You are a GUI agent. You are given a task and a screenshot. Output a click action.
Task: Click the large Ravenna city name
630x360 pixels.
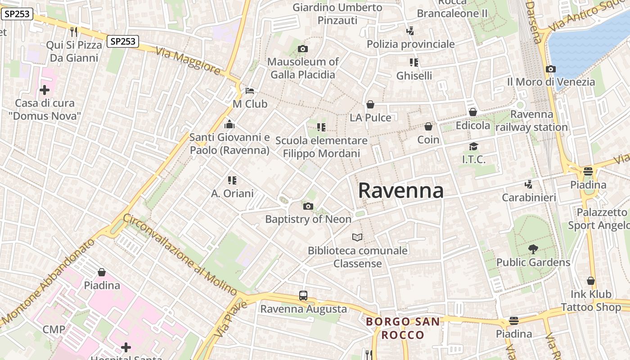400,191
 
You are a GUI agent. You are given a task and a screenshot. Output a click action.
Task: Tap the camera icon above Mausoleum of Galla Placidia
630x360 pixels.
303,49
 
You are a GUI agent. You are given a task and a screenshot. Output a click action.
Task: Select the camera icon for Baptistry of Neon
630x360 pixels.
308,207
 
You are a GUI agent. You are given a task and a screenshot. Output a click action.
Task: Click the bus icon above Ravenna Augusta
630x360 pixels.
303,296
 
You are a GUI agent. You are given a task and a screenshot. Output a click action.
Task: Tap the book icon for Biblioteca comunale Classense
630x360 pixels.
357,237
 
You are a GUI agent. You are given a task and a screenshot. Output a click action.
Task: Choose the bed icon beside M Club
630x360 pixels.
250,91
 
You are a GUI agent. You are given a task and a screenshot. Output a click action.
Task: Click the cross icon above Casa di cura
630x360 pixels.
45,90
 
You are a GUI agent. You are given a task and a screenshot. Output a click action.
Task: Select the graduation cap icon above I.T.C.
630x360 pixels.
473,146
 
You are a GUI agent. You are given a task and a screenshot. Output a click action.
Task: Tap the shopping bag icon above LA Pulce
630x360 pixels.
370,104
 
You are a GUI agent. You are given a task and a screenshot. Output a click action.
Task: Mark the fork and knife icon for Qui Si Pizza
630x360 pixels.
74,31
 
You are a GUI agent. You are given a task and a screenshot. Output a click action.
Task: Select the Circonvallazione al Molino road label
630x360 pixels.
180,254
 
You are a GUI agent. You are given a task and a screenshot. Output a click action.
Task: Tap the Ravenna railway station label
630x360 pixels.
531,121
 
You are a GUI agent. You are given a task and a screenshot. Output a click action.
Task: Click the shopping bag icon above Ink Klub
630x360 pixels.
591,281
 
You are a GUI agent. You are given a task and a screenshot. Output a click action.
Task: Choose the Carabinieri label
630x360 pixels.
529,198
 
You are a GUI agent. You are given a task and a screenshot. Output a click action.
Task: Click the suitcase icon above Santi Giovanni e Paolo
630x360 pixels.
229,124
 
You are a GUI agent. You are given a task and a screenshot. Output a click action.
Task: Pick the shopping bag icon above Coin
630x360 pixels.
428,126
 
